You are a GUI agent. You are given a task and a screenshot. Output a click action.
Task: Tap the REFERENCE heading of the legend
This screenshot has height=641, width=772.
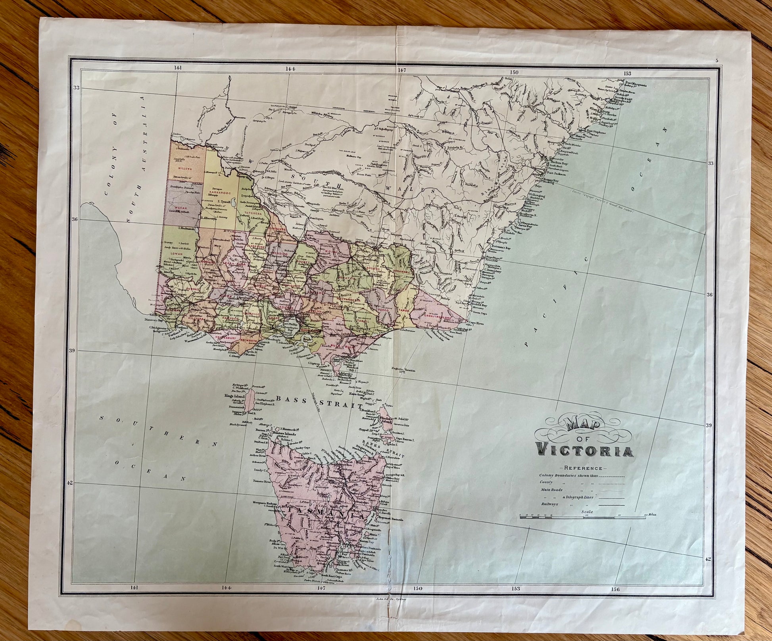582,468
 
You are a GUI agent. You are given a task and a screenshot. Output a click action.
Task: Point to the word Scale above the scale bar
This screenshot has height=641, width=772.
587,512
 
